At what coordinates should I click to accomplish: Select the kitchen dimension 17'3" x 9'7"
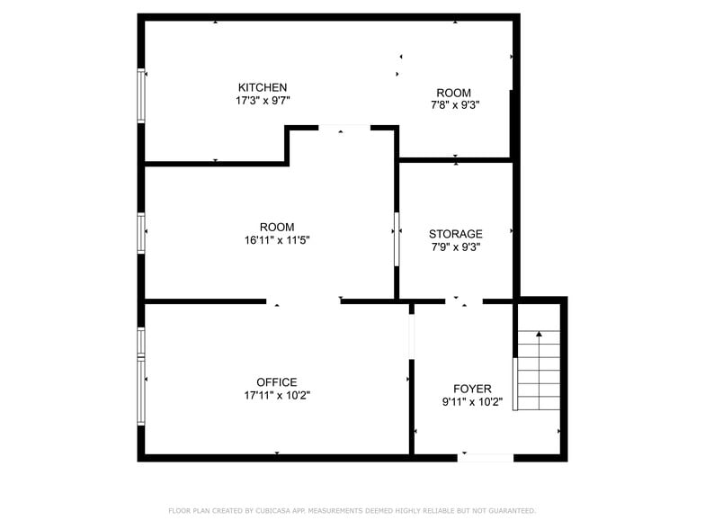click(262, 101)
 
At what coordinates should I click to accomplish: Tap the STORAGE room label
click(455, 234)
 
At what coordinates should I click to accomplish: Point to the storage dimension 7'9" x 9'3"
click(455, 247)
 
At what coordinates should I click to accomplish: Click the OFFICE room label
click(276, 382)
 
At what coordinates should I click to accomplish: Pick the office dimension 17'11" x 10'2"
click(277, 395)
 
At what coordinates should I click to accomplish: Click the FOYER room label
click(472, 389)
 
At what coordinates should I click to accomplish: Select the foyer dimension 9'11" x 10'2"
click(472, 402)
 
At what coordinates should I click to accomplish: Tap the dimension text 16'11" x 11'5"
click(277, 240)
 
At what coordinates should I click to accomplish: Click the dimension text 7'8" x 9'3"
click(454, 105)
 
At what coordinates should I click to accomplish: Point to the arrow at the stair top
click(539, 335)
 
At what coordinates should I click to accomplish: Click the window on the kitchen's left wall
click(140, 95)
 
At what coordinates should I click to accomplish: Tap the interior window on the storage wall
click(397, 239)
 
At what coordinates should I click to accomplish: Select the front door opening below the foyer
click(486, 458)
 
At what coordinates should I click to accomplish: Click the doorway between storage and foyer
click(463, 300)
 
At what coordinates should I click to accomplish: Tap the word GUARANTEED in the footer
click(508, 511)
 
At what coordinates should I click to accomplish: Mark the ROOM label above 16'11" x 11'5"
click(276, 227)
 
